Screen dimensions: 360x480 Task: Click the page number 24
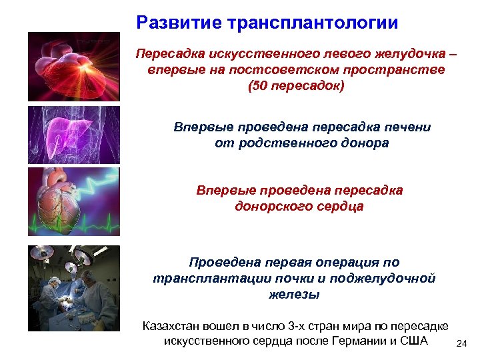(461, 344)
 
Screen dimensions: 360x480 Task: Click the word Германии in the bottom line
(363, 341)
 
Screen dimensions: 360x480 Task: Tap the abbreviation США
(413, 341)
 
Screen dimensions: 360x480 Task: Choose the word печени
(409, 127)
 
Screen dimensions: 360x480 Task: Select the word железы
(293, 294)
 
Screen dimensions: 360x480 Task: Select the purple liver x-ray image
(74, 133)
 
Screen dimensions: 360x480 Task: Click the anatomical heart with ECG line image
(74, 201)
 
